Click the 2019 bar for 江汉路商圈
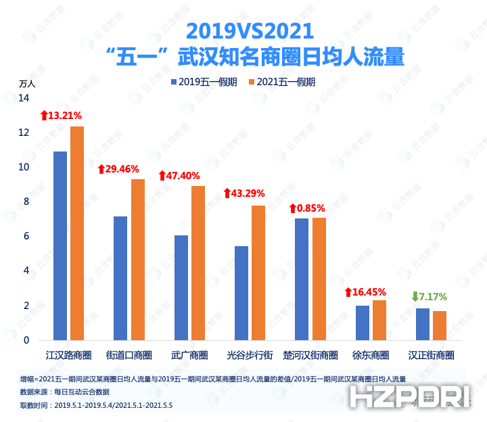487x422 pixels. click(x=60, y=245)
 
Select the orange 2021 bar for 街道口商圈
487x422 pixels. click(x=137, y=259)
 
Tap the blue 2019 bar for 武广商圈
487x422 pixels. click(x=181, y=287)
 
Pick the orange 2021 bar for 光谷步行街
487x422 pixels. click(x=258, y=273)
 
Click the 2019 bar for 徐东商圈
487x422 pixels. click(x=363, y=323)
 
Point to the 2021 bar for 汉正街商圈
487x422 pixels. click(x=440, y=325)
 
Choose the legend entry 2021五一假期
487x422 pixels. click(x=282, y=83)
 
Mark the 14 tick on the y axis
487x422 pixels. click(x=24, y=98)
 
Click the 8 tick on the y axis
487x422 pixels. click(x=26, y=202)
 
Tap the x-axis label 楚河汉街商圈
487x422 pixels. click(x=310, y=355)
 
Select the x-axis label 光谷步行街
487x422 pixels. click(x=250, y=355)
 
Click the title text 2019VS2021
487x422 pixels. click(x=250, y=30)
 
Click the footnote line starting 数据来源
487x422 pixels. click(x=65, y=392)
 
